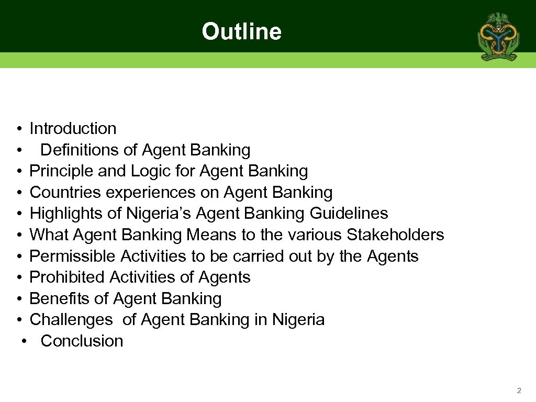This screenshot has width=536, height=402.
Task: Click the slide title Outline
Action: pos(241,31)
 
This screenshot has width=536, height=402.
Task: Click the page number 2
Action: pos(519,390)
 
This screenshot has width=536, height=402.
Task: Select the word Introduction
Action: pos(73,128)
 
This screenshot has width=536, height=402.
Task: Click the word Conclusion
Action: pos(82,341)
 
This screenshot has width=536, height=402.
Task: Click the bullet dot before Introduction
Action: pos(18,129)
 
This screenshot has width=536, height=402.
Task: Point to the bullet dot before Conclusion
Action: pos(24,341)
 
